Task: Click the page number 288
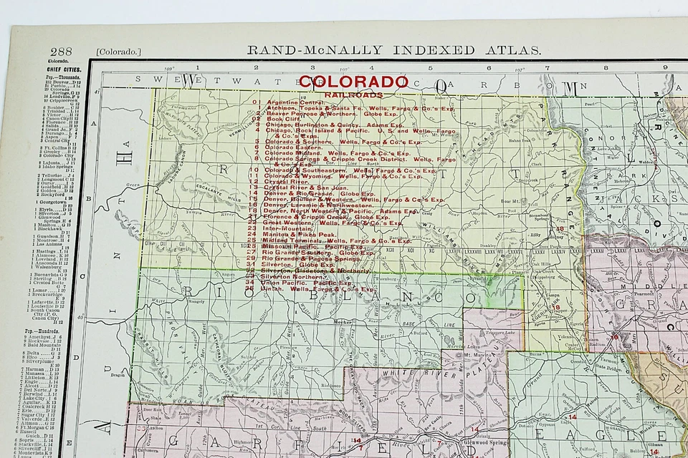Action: click(61, 52)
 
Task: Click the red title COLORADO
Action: click(353, 82)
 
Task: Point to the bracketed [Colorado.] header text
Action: click(119, 52)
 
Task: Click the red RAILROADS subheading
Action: click(353, 94)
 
